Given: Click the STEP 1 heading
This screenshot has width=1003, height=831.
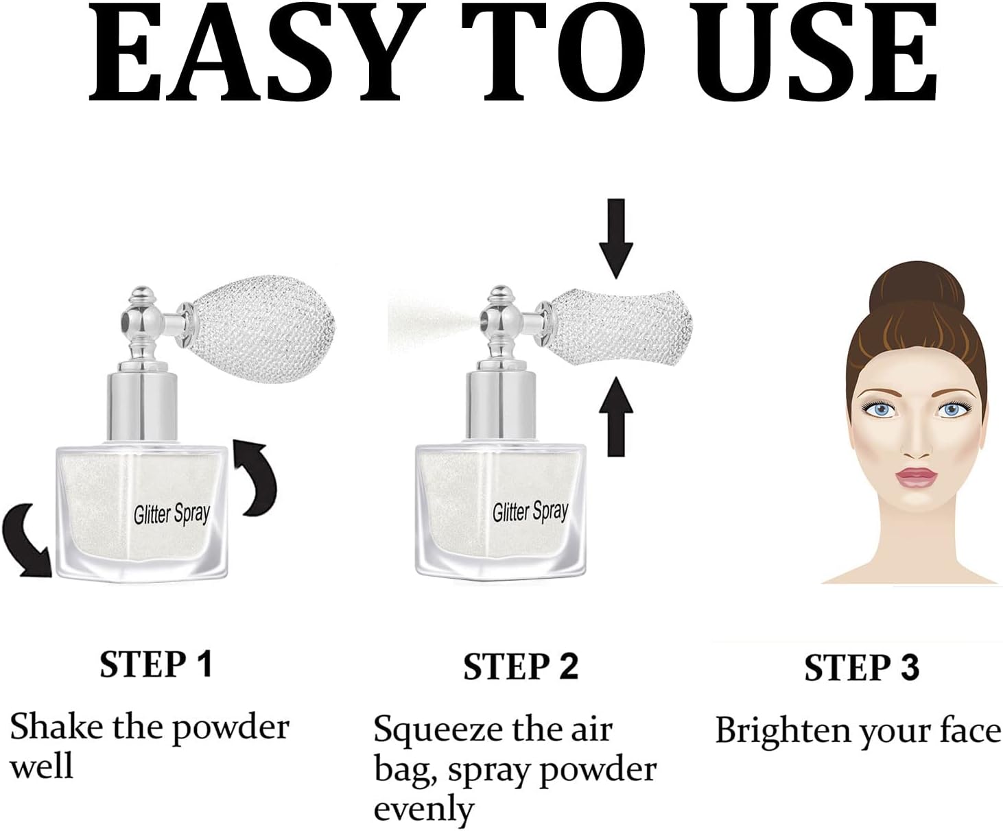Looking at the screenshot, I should click(x=156, y=664).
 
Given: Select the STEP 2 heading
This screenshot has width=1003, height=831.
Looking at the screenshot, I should click(x=521, y=667).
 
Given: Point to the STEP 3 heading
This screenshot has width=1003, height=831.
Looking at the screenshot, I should click(x=861, y=668).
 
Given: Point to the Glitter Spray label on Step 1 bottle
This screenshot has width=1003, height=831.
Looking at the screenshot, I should click(x=172, y=513).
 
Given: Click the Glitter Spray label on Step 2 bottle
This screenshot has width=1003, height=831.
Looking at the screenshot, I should click(x=530, y=511).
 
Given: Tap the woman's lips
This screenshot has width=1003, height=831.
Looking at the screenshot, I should click(x=917, y=477).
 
